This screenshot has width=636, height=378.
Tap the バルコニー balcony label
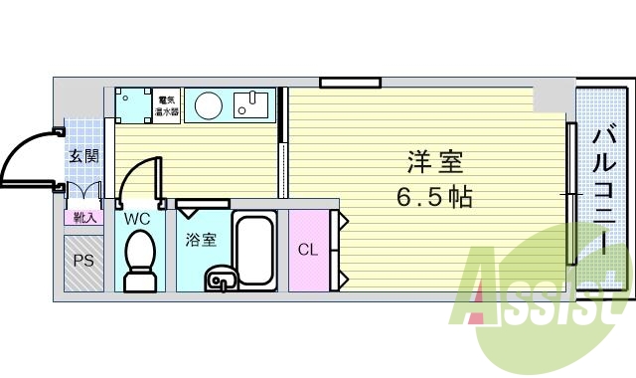603,189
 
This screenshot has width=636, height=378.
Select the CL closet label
307,250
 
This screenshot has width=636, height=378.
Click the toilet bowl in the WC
139,256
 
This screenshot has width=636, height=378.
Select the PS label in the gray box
83,262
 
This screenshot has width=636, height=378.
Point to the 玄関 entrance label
83,156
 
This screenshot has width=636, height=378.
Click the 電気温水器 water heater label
166,105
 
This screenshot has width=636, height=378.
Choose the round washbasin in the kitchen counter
208,104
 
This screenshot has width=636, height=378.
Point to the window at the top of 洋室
350,82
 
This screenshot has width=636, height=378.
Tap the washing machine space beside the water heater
130,104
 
